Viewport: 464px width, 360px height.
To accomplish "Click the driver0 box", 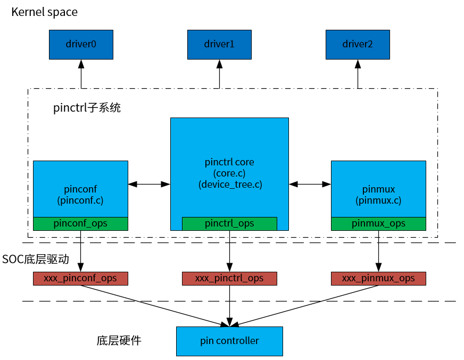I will tap(81, 44).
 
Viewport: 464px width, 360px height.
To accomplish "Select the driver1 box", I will tap(219, 44).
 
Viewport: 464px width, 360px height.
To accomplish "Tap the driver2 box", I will tap(357, 44).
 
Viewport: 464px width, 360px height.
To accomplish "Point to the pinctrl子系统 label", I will tap(87, 108).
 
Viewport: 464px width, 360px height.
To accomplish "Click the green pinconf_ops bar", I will tap(80, 223).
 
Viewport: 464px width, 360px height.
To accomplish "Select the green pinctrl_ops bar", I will tap(229, 223).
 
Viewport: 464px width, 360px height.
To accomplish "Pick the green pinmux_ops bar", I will tap(378, 223).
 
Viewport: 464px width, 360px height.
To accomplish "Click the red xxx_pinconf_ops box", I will tap(80, 278).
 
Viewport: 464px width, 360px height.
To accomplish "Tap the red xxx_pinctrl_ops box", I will tap(229, 278).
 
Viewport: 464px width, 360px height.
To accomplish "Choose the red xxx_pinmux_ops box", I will tap(378, 278).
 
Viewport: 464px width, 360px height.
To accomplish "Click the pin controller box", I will tap(229, 341).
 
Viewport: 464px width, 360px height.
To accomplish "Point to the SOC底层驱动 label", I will tap(36, 259).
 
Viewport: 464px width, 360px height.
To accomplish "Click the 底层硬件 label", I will tap(119, 340).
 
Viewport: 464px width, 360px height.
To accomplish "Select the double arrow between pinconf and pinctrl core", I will tap(149, 184).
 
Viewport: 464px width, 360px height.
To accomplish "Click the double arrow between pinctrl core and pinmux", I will tap(310, 184).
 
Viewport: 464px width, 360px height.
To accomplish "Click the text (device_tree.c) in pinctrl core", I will tap(229, 185).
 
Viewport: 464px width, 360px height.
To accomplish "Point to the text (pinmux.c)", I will tap(378, 200).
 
